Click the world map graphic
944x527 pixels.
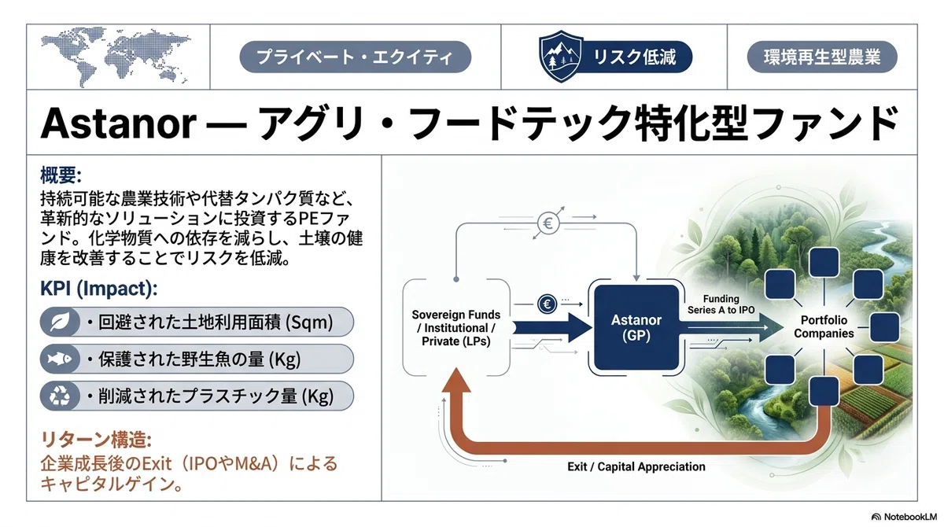[x=116, y=57]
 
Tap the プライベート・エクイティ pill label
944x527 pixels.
[x=355, y=57]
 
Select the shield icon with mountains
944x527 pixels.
[x=561, y=56]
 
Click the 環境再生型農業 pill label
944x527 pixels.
[x=822, y=57]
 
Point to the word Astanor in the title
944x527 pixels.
[x=119, y=123]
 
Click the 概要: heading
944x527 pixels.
[x=61, y=175]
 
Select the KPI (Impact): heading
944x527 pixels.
[x=98, y=289]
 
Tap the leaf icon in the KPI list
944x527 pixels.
[x=60, y=322]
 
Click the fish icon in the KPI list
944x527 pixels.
[x=60, y=359]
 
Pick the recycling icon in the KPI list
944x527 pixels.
[x=60, y=396]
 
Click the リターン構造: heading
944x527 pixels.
[x=96, y=440]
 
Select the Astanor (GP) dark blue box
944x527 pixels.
[x=636, y=327]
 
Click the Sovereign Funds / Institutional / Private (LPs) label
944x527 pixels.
[x=456, y=328]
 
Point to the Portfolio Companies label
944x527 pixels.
[x=824, y=327]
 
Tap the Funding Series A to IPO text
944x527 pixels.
[x=721, y=304]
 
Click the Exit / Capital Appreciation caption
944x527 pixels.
[x=636, y=466]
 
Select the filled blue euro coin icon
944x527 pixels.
[x=547, y=304]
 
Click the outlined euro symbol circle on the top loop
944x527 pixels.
[x=548, y=223]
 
